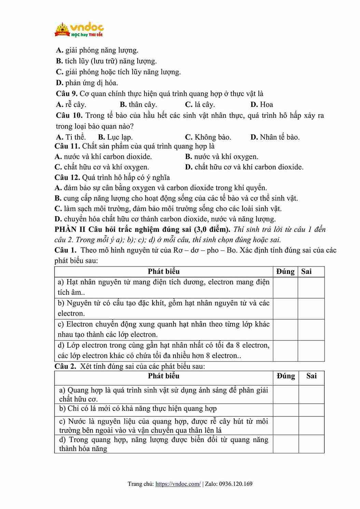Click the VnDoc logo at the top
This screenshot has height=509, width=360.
79,30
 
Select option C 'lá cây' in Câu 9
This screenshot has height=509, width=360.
200,105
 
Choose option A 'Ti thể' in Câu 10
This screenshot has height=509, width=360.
71,137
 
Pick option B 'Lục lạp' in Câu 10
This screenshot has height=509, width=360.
115,137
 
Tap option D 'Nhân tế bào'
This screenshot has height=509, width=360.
275,137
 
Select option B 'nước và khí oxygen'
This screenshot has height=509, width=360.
222,157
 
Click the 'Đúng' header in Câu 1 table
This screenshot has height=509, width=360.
285,272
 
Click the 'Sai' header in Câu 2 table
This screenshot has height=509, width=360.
311,376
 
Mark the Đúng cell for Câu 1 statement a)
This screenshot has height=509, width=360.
285,287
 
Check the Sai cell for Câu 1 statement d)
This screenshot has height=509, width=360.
311,350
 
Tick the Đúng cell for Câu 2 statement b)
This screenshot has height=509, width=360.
285,410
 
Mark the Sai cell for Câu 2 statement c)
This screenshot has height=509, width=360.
311,425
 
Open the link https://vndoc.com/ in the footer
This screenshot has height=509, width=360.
178,484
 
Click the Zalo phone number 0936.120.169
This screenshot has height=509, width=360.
236,484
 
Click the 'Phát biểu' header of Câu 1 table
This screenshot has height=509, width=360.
164,272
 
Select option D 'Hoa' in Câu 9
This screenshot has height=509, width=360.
262,105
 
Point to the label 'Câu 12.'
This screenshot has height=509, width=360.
67,177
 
